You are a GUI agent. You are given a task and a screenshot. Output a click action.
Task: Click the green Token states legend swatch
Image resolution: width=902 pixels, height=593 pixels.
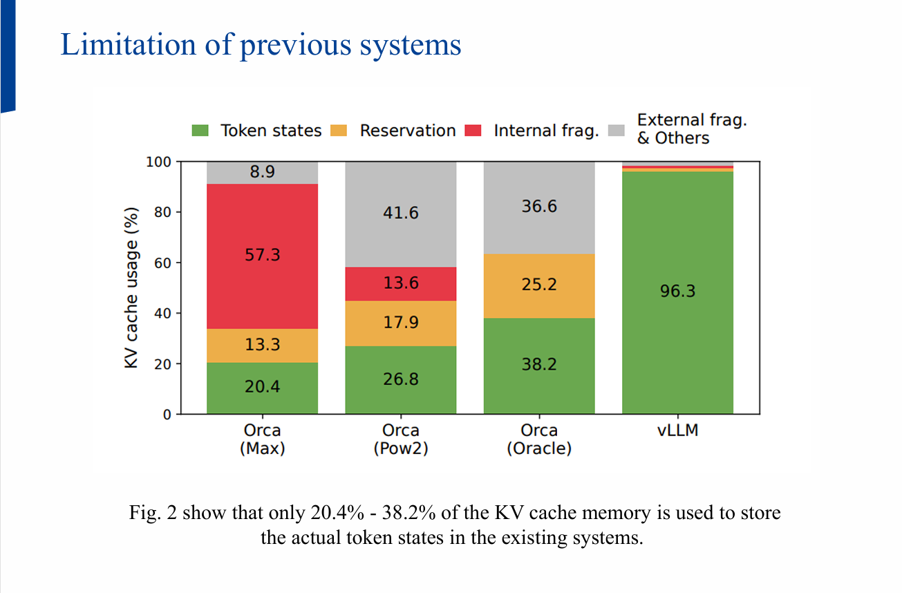point(201,131)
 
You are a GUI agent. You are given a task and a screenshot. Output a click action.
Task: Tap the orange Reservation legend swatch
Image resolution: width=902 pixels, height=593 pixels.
point(340,131)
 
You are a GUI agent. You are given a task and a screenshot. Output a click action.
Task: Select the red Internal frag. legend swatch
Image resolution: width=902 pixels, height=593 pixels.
point(474,131)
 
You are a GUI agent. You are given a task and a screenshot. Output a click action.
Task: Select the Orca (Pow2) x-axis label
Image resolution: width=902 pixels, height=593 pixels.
point(401,440)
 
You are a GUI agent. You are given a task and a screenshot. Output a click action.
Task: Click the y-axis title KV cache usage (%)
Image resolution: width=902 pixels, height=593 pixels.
point(132,288)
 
